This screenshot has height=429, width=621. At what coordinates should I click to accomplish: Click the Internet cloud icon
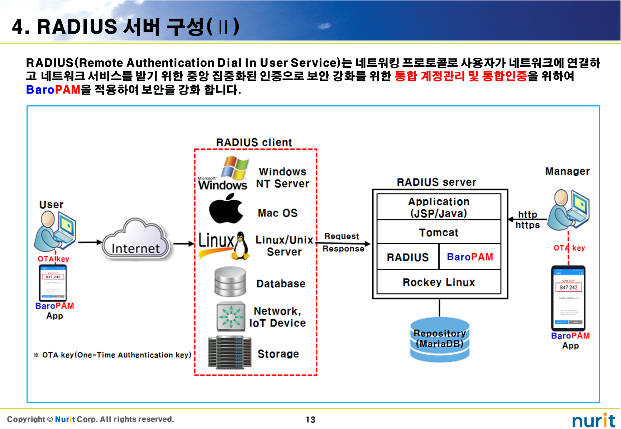click(x=135, y=239)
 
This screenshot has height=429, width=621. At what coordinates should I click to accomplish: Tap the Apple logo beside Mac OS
click(x=226, y=209)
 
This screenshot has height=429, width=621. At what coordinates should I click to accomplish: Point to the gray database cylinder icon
click(x=230, y=282)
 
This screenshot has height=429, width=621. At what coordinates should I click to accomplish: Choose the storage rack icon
click(x=229, y=352)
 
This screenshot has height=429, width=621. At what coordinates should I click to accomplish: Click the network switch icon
click(x=231, y=316)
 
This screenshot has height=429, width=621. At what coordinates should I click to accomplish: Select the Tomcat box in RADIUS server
click(x=439, y=232)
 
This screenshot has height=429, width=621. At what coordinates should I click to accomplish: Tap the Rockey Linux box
click(x=439, y=282)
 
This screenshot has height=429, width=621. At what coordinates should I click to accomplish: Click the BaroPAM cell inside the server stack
click(x=470, y=257)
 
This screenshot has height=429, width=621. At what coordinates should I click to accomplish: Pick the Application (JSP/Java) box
click(x=439, y=207)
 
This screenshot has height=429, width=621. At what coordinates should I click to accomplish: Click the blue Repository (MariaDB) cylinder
click(x=439, y=339)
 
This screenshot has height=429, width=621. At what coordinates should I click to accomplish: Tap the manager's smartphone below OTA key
click(x=568, y=298)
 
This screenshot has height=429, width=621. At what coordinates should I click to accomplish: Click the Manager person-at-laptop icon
click(x=571, y=209)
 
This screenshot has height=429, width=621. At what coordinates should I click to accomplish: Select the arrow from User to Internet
click(x=90, y=242)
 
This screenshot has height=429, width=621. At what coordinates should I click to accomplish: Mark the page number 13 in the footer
click(x=310, y=420)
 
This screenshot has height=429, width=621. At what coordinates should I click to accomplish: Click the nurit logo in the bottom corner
click(x=593, y=420)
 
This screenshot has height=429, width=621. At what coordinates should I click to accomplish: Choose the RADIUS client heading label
click(x=254, y=142)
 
